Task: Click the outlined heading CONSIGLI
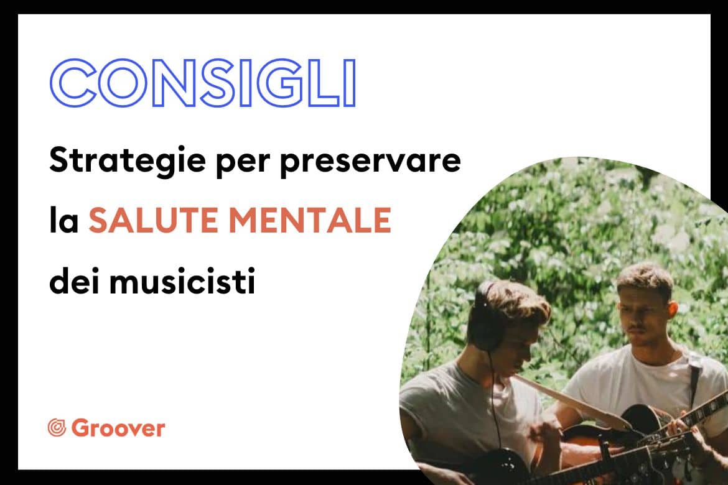click(x=203, y=83)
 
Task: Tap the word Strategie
click(x=128, y=161)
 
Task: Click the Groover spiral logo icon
click(x=57, y=427)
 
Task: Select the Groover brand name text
click(x=118, y=428)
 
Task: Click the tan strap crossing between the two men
click(x=571, y=400)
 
